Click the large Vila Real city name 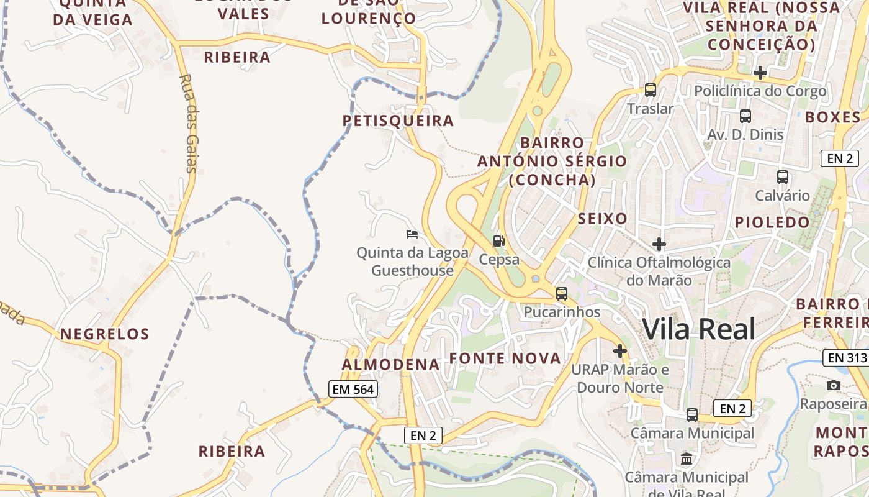699,329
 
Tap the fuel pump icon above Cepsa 499,241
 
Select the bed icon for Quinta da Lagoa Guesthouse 412,234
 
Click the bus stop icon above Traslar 651,90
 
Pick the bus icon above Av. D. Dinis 745,116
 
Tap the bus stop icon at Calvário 783,177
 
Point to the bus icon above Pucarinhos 562,294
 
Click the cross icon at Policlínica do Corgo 760,73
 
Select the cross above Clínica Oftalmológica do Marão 659,244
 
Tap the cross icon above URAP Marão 619,351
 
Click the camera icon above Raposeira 834,386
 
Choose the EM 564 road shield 353,390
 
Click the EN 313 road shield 846,358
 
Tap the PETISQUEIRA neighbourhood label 398,121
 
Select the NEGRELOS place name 105,334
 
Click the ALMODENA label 391,365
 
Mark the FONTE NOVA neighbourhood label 505,358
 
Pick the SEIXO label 602,219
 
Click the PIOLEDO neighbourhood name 773,222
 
